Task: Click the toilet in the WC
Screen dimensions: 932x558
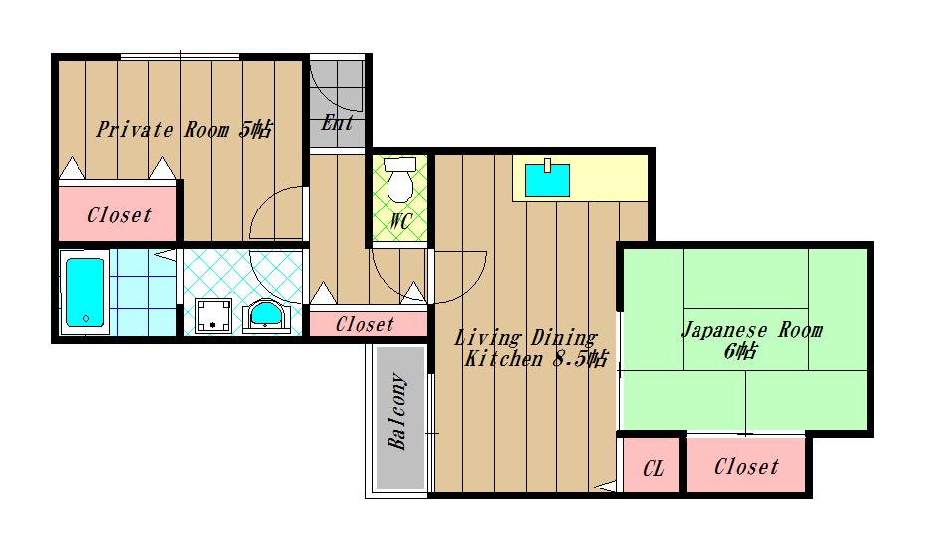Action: [x=399, y=179]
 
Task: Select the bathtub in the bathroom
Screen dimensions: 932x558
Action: [x=85, y=292]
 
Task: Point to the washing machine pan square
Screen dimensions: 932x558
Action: [x=213, y=316]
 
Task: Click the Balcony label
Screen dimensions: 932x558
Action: [x=398, y=411]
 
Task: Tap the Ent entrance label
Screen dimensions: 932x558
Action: [x=337, y=123]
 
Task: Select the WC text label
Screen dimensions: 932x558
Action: [x=400, y=221]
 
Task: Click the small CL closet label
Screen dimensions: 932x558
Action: [x=653, y=469]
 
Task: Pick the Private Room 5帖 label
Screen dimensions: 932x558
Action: [x=184, y=129]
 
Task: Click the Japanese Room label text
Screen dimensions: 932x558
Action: [x=751, y=330]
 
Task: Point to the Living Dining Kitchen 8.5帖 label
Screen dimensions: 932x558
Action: [x=531, y=349]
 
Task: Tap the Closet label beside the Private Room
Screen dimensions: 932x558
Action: [x=119, y=214]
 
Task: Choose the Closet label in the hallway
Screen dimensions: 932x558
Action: [x=365, y=324]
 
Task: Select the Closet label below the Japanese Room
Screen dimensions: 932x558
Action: [x=746, y=467]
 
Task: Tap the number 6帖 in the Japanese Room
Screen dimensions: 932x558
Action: [x=740, y=352]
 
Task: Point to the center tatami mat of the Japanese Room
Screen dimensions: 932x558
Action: [x=745, y=340]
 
